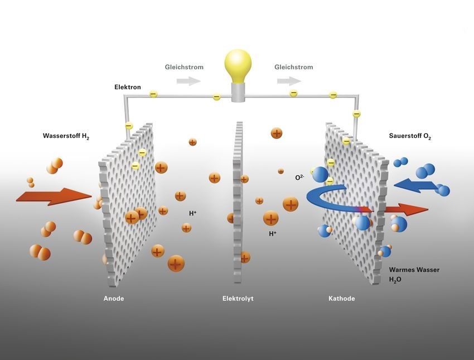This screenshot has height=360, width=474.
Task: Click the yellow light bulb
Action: [238, 66]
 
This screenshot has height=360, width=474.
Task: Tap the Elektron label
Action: [128, 87]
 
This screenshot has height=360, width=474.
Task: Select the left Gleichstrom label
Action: [184, 67]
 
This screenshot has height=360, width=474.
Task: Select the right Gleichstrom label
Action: [294, 67]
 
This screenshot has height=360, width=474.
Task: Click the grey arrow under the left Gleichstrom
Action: [189, 81]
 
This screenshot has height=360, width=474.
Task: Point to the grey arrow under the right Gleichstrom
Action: [289, 81]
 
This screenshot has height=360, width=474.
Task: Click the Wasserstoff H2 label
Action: [66, 136]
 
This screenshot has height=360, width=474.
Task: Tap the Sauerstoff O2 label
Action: [410, 136]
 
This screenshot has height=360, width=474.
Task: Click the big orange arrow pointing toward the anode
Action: [54, 196]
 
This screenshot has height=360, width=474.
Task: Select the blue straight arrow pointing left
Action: [417, 185]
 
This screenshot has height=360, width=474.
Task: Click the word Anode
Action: [114, 298]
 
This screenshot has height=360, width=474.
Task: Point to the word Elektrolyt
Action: [238, 298]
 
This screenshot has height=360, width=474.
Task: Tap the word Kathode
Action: [342, 298]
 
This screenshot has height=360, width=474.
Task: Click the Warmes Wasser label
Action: [414, 270]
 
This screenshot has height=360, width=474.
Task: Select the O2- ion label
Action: [299, 177]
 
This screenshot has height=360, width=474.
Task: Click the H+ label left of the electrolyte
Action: [192, 213]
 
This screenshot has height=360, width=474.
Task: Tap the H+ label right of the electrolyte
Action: [273, 233]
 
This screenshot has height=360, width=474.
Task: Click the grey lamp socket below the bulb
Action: [238, 93]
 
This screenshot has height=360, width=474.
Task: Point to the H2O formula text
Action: [395, 280]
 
